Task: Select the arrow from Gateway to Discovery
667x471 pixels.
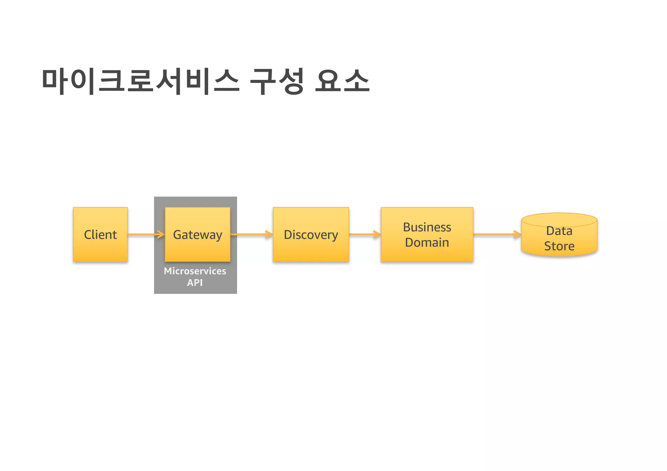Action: tap(251, 234)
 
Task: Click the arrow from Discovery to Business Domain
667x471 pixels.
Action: tap(364, 234)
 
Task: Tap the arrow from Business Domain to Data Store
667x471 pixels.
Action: tap(497, 234)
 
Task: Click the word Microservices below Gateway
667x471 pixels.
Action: tap(195, 271)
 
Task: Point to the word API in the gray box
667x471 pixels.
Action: tap(195, 283)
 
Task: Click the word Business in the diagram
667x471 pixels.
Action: tap(427, 227)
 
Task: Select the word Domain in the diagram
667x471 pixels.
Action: tap(427, 242)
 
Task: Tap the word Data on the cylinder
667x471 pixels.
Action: tap(559, 231)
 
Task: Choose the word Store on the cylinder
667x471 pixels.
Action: tap(559, 246)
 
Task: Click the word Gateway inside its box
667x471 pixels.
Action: tap(197, 235)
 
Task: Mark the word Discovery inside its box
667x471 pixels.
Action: tap(311, 235)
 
